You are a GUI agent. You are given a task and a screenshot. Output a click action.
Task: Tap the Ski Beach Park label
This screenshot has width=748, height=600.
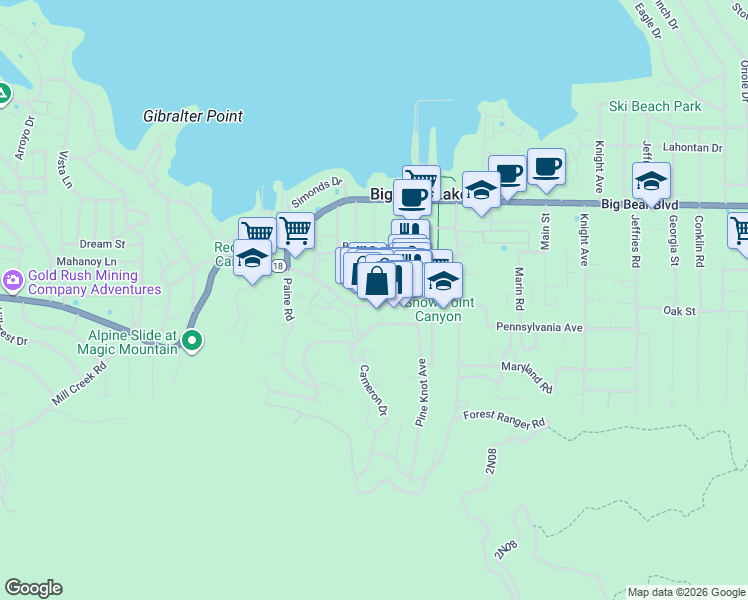tap(655, 106)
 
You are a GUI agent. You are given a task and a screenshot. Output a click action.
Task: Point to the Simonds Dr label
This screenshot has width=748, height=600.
tap(316, 189)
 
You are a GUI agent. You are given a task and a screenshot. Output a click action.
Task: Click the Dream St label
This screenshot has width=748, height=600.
tap(102, 243)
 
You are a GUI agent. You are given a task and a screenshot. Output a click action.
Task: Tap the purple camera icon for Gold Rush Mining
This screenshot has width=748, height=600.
tap(13, 279)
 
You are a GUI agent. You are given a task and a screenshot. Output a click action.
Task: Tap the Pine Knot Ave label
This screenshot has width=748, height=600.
tap(422, 392)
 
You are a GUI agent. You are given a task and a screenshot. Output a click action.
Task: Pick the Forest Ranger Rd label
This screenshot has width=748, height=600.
tap(504, 418)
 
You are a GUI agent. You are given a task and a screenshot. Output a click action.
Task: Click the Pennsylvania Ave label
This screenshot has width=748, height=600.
tap(539, 327)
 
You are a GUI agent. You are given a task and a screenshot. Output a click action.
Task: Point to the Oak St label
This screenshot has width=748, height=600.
tap(679, 311)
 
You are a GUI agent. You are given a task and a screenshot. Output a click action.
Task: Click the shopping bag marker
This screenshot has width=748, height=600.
tap(377, 282)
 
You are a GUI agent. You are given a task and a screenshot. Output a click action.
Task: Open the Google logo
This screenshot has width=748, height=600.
tap(33, 588)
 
